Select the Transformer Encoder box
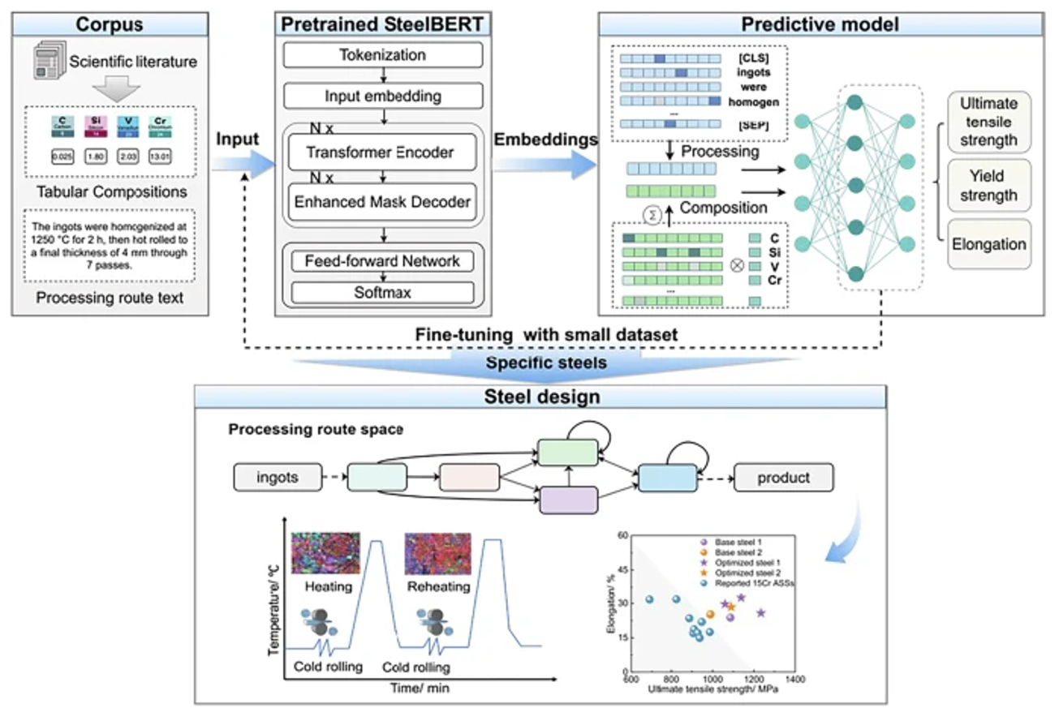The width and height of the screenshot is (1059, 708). pos(380,152)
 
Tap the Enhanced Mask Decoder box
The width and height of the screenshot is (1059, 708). pos(380,202)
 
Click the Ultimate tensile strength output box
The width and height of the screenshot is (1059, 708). pos(988,122)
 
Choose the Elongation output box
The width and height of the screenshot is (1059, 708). pos(988,243)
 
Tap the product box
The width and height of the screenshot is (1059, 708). pos(783,477)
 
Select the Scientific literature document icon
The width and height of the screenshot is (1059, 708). pos(50,62)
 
